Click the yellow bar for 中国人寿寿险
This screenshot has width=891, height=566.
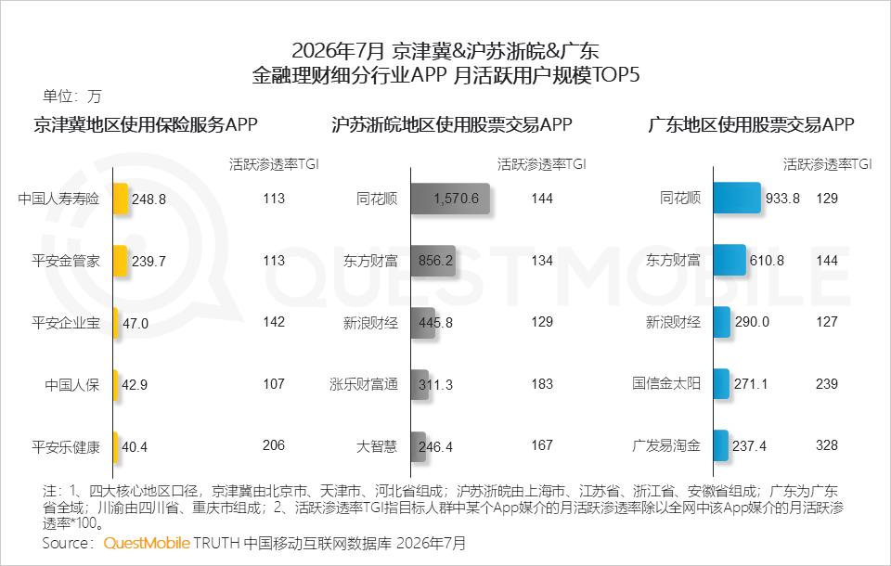tap(121, 199)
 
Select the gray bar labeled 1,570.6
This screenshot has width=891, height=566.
tap(450, 199)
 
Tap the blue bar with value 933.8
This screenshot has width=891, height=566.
tap(737, 198)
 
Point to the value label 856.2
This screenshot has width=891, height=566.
tap(436, 261)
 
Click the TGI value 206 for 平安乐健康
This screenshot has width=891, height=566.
tap(273, 445)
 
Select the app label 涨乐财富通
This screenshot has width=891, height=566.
tap(364, 385)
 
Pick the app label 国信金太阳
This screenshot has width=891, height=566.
tap(666, 383)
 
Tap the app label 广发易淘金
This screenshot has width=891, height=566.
tap(666, 445)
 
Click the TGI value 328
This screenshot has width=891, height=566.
tap(827, 445)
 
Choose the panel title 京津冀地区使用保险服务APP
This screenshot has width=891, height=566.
tap(146, 124)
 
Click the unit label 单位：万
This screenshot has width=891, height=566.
tap(71, 96)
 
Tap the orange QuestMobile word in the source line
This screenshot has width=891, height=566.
tap(147, 544)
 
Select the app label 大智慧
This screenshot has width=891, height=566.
tap(377, 446)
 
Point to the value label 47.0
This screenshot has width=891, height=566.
tap(136, 323)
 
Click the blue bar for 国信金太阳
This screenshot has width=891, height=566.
tap(721, 383)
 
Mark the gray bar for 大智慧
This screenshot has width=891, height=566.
tap(418, 446)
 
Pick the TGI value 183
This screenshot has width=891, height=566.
tap(542, 383)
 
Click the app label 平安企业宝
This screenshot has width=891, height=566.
tap(66, 323)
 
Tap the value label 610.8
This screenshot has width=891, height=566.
tap(767, 261)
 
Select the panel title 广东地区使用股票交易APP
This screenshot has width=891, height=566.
tap(751, 124)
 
